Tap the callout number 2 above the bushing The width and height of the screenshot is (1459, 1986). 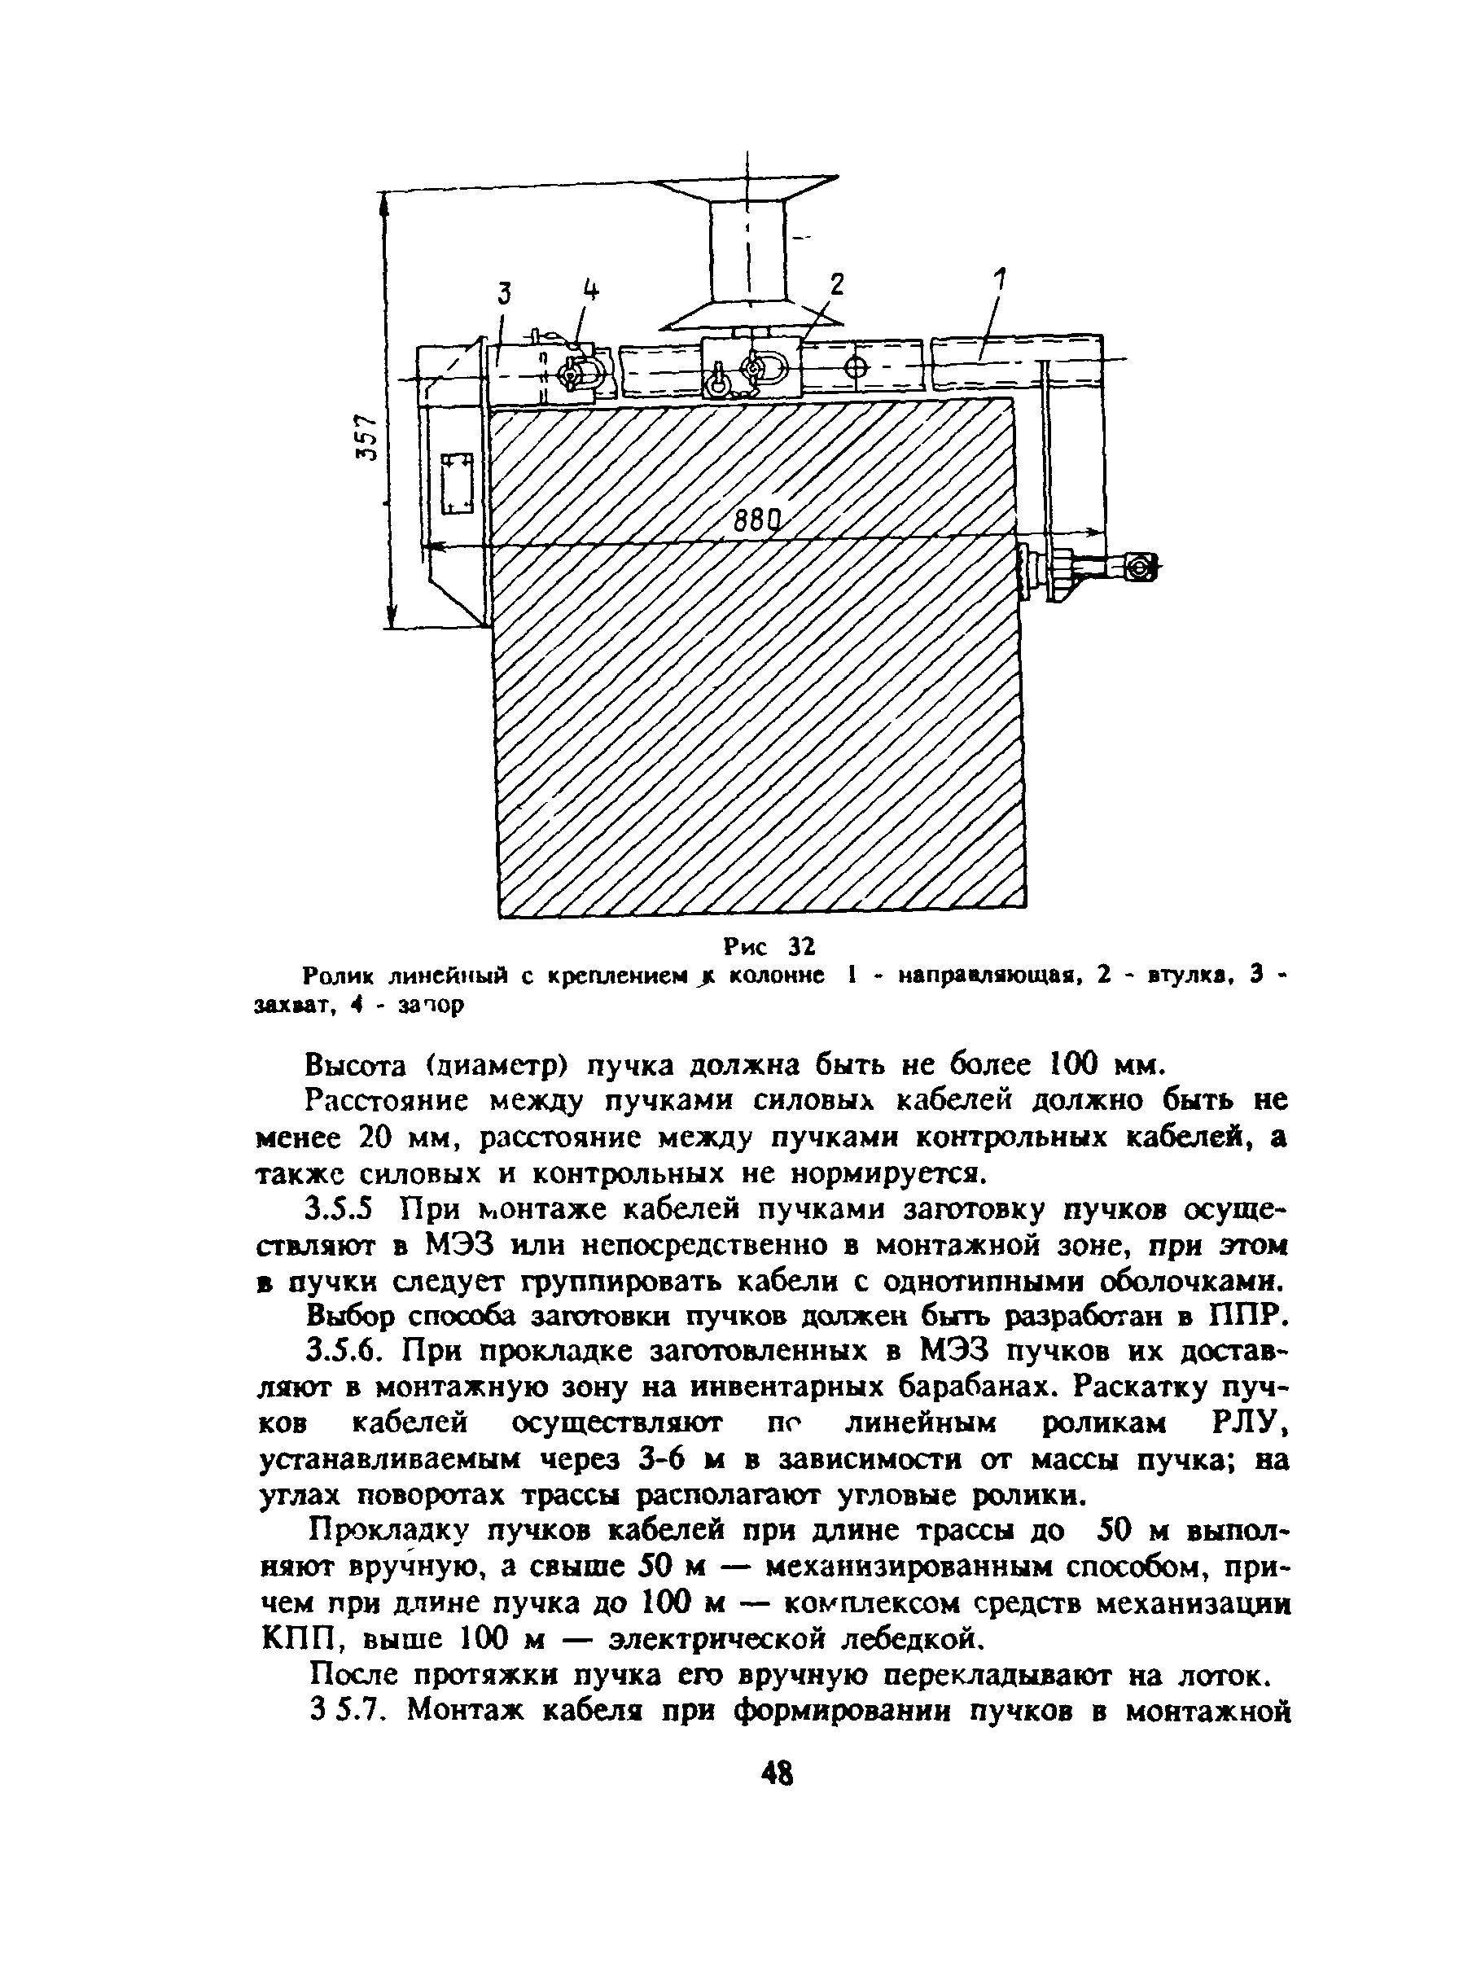(x=836, y=284)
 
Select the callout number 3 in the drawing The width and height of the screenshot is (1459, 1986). (x=504, y=293)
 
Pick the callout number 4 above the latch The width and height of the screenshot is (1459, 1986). (x=589, y=290)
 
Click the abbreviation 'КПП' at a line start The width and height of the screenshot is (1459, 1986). (x=295, y=1639)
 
